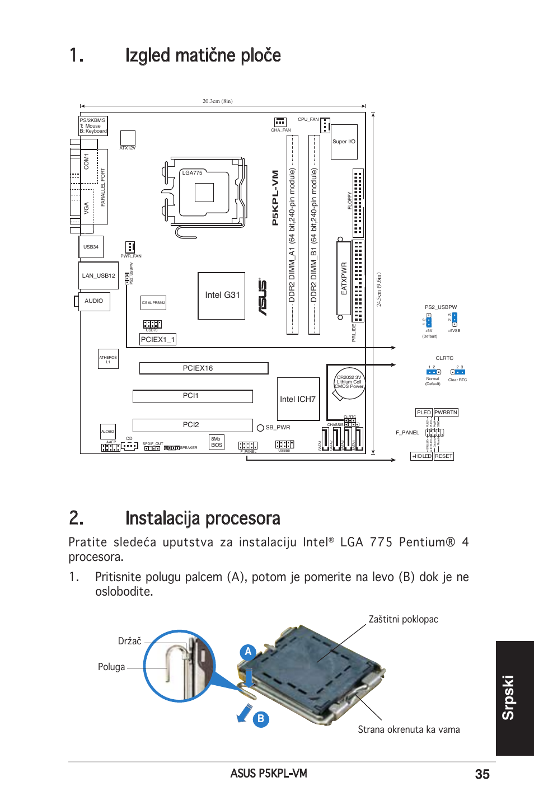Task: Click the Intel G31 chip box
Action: click(222, 296)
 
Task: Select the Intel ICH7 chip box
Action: click(298, 399)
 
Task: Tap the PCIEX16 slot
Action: click(203, 368)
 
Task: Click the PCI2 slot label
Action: click(191, 425)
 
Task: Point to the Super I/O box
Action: click(344, 142)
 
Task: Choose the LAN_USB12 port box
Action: click(99, 275)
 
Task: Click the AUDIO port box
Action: click(94, 301)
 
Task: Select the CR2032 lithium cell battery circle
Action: click(349, 383)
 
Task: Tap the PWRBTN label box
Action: click(446, 413)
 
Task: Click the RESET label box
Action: click(443, 456)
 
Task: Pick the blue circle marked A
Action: click(248, 652)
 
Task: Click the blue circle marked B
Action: click(261, 719)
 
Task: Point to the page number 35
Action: click(482, 774)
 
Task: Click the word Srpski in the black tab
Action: click(508, 698)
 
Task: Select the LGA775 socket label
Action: click(192, 173)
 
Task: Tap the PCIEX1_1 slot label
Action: click(158, 339)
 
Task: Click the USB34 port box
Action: click(91, 247)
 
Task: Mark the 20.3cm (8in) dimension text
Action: click(217, 101)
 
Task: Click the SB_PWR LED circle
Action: click(260, 428)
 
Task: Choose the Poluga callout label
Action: click(111, 667)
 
